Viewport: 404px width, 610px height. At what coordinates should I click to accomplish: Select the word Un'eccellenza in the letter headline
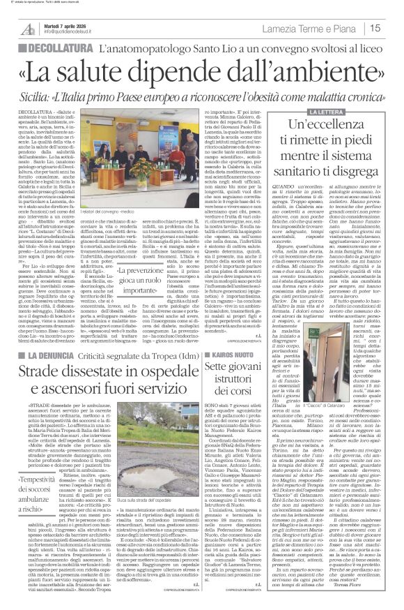[x=332, y=126]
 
